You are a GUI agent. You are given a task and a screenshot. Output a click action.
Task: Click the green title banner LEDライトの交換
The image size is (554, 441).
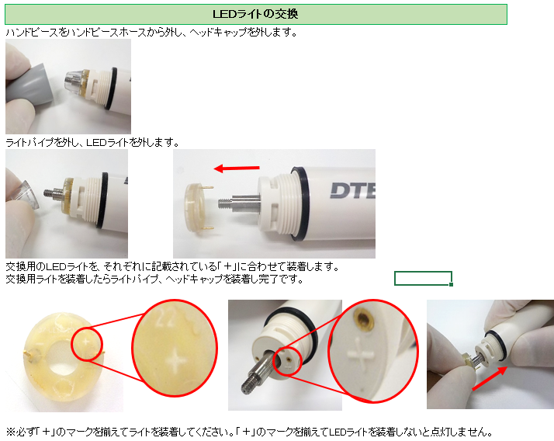click(256, 14)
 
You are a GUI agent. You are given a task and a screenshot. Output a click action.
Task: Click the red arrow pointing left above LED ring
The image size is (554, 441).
click(237, 168)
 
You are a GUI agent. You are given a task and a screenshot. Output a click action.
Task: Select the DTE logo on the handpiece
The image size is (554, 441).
click(352, 190)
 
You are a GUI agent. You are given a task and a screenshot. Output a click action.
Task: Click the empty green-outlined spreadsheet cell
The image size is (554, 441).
click(424, 278)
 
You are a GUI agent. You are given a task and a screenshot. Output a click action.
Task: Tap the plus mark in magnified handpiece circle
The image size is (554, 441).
click(361, 354)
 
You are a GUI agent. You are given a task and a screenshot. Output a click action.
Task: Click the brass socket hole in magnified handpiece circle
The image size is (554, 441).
click(365, 318)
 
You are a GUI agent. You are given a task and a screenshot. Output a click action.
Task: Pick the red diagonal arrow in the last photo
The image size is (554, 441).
click(490, 378)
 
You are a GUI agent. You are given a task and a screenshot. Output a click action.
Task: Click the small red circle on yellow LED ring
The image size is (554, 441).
click(87, 344)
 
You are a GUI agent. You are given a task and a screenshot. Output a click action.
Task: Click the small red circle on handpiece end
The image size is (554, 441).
click(287, 362)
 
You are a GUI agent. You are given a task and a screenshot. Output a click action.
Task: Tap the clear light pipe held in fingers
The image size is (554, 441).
click(28, 196)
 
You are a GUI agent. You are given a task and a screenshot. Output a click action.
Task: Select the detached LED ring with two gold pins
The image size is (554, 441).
click(199, 207)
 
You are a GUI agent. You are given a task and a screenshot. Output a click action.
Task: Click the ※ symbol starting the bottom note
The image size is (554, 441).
click(10, 432)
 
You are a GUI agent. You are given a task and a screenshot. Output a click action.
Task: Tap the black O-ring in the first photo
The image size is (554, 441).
click(113, 88)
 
